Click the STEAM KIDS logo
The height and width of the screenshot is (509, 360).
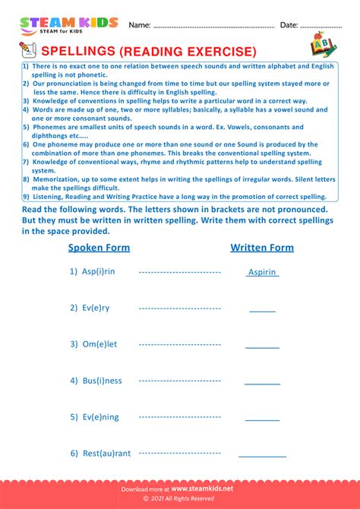point(68,26)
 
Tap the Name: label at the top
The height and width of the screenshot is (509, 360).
point(139,25)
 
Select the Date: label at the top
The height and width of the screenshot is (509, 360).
point(289,25)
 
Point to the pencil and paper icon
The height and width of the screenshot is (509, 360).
point(27,51)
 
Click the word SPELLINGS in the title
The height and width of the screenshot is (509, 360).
point(76,52)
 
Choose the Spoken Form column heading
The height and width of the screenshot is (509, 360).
point(99,248)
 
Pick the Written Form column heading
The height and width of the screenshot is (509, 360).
point(262,248)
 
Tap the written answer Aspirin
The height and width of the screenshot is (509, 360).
point(263,272)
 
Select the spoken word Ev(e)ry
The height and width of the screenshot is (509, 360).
point(96,308)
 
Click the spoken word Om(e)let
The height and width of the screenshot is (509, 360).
point(99,344)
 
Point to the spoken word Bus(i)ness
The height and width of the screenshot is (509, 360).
point(102,381)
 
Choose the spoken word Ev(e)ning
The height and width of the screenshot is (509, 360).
point(100,417)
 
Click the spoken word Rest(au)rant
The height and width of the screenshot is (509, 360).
point(106,454)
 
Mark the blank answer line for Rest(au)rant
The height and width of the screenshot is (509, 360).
point(263,456)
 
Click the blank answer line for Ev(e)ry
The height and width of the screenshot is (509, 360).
point(263,311)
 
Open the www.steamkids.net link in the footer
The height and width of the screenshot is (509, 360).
point(202,489)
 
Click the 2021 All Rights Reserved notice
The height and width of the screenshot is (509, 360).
point(180,499)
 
